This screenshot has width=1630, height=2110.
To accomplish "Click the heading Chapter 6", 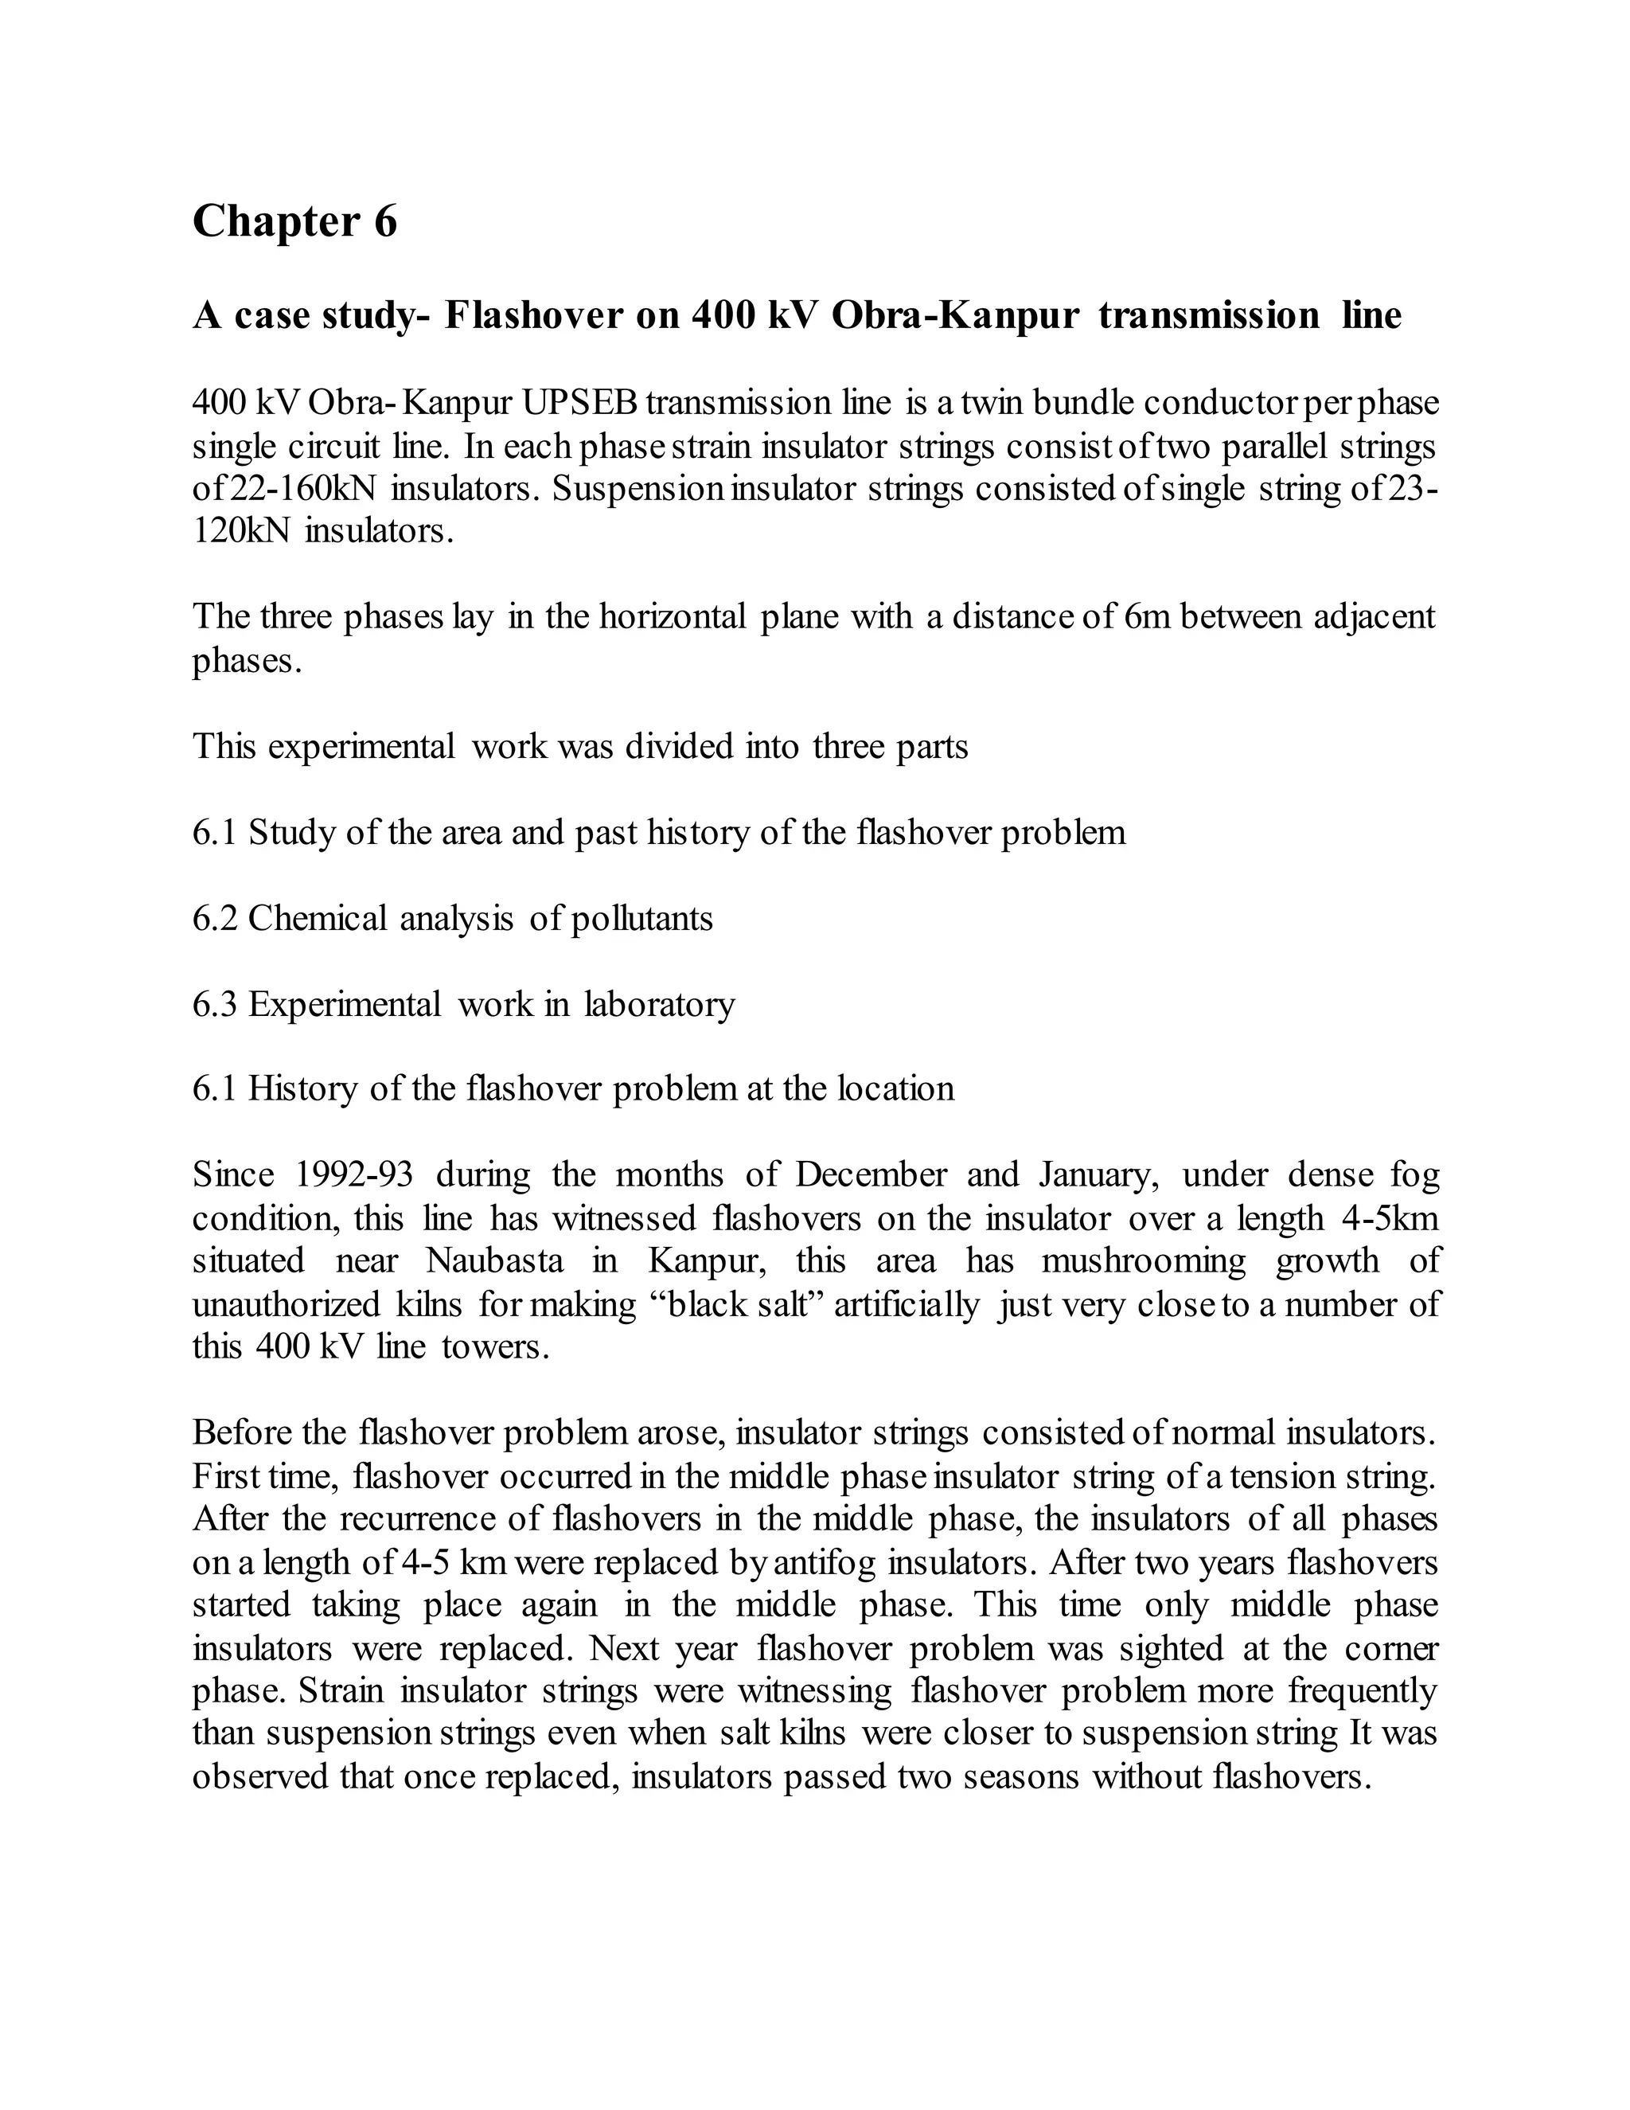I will coord(294,221).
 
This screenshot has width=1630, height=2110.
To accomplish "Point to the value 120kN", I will coord(241,531).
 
